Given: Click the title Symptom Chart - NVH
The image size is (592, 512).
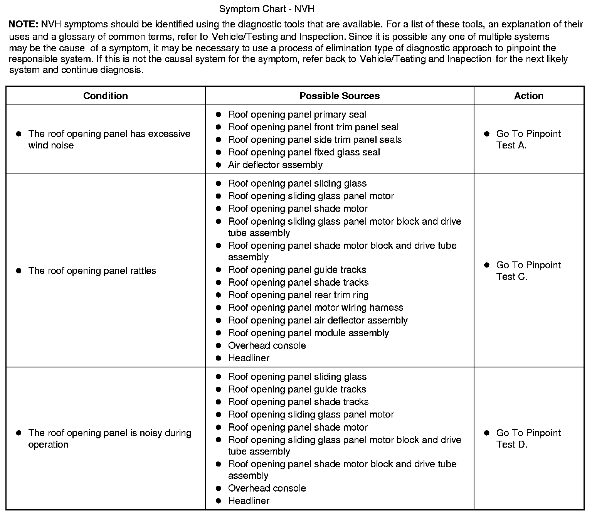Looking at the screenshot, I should tap(267, 8).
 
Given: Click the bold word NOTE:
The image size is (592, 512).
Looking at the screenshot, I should tap(23, 25).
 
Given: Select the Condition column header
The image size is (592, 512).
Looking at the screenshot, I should tap(105, 96).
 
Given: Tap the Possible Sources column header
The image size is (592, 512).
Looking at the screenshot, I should tap(339, 96).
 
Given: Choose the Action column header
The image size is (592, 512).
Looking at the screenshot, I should tap(528, 96).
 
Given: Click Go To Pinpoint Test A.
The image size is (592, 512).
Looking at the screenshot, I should tap(528, 140).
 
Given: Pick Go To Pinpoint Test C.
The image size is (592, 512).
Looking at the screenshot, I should tap(528, 271).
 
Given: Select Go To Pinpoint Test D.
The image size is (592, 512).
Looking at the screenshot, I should tap(528, 439).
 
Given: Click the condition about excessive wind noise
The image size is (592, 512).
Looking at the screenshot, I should tap(109, 140).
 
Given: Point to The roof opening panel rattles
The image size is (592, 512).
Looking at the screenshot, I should tap(92, 271).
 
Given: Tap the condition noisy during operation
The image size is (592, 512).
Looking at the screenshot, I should tap(109, 439).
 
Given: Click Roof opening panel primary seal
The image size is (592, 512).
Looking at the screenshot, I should tap(297, 115).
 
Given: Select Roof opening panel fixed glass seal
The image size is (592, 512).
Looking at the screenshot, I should tap(304, 152).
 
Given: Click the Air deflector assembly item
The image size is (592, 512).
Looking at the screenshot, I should tap(275, 165).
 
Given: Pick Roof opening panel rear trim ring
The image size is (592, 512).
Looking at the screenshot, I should tap(298, 295).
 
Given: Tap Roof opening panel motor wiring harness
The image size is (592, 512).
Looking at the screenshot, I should tap(315, 308).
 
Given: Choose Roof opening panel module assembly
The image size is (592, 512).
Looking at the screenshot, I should tap(308, 333).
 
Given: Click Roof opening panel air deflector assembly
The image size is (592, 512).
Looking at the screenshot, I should tap(318, 320).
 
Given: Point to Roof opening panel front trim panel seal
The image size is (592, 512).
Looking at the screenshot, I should tap(313, 127).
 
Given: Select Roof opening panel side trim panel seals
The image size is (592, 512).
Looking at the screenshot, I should tap(314, 140).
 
